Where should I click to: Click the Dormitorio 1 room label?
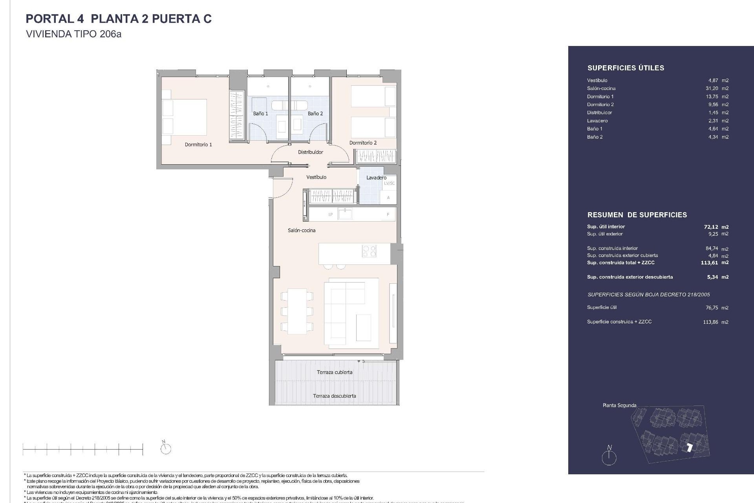198,145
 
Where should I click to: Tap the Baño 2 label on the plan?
315,114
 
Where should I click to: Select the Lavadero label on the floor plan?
376,178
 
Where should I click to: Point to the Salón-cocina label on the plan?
302,230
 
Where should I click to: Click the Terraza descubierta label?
335,396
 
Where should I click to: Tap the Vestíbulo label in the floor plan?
316,177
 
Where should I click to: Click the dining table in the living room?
297,311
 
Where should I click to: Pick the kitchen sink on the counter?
345,214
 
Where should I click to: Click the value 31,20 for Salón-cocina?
712,88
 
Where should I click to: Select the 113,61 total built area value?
710,263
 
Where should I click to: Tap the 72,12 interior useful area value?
711,227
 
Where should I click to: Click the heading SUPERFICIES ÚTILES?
626,68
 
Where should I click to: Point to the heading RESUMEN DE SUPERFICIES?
637,215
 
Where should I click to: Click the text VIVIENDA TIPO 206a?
73,34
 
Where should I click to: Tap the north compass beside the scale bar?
166,448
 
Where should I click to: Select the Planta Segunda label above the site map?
619,405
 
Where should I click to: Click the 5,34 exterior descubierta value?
712,277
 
